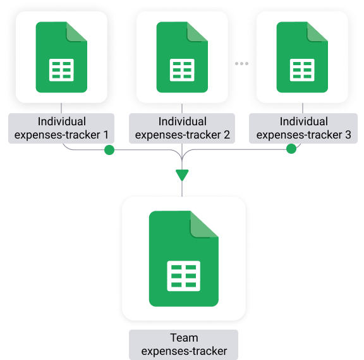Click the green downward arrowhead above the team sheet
(182, 175)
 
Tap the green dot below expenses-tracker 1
(109, 150)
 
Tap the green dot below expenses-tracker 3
(291, 149)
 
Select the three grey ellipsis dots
(241, 63)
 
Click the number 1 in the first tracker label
(106, 135)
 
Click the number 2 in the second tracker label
(227, 135)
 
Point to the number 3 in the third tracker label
(348, 135)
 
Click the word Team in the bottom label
(184, 338)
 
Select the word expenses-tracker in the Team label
(184, 351)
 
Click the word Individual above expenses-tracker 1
(62, 121)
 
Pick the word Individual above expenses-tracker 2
(183, 121)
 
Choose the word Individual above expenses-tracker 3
(303, 121)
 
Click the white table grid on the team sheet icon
(184, 276)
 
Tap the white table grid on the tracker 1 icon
(61, 70)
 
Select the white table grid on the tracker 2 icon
(182, 70)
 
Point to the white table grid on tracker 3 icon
(302, 70)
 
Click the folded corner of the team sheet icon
(203, 226)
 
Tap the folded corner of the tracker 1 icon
(75, 32)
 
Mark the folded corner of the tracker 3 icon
(316, 32)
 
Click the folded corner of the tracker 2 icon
(196, 32)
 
